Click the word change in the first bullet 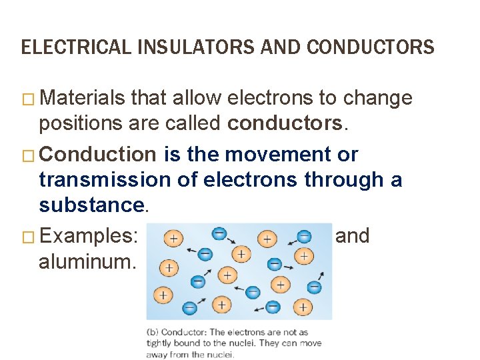tap(377, 99)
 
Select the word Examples tap(88, 236)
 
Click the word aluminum tap(87, 262)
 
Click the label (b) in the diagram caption tap(153, 331)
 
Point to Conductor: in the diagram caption tap(184, 331)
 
